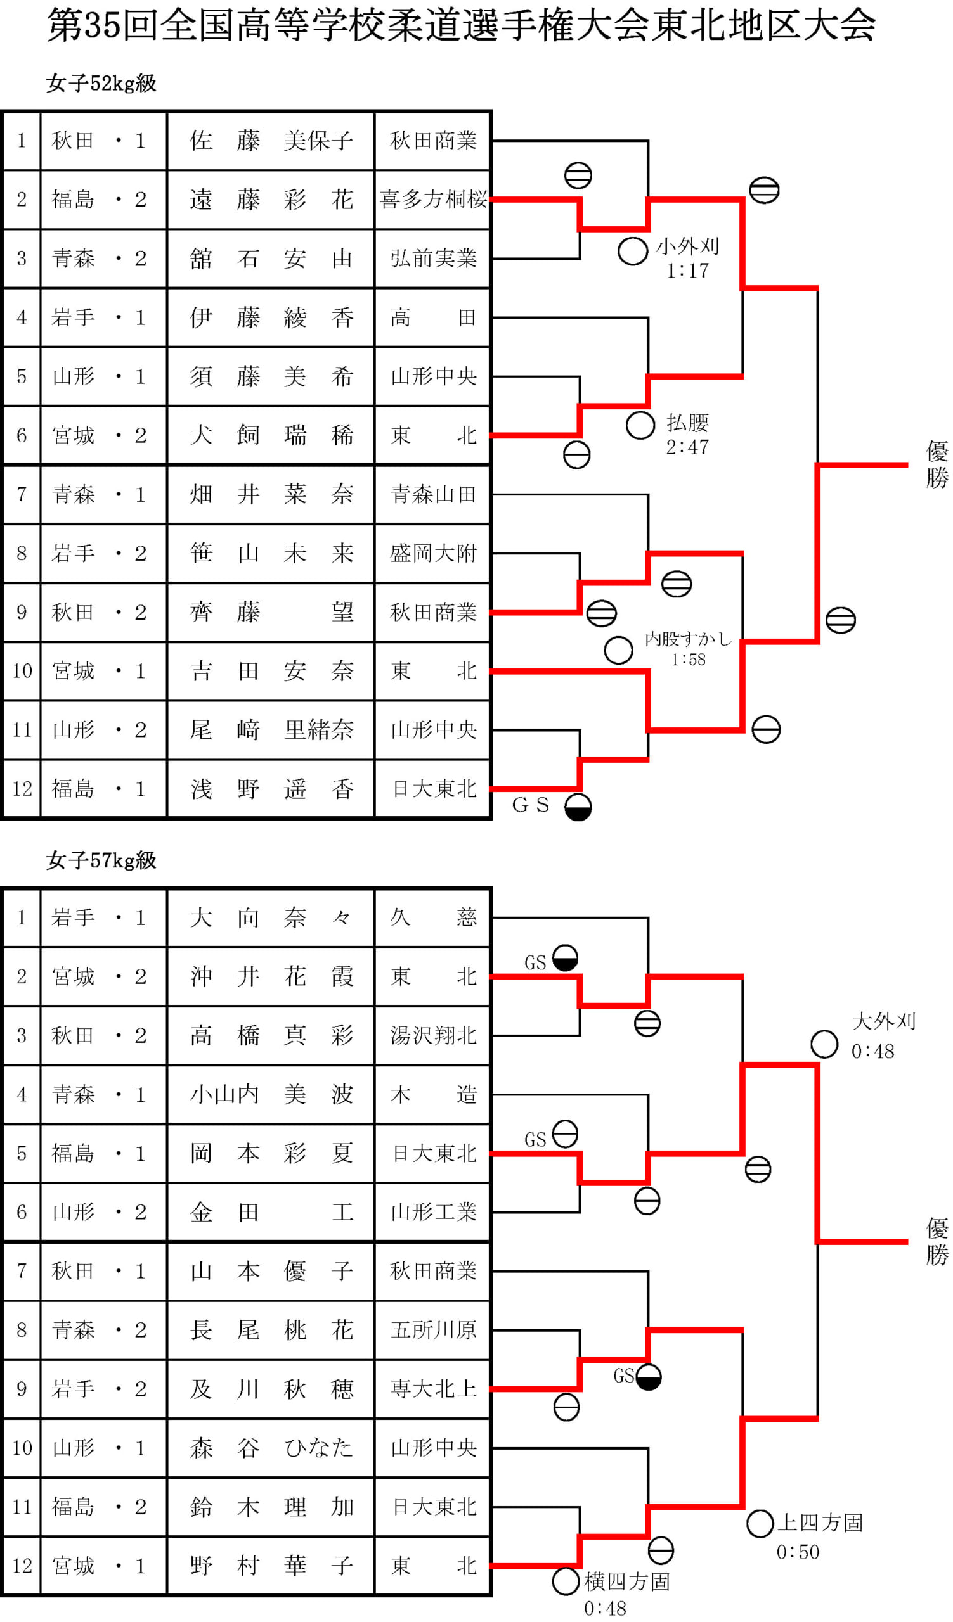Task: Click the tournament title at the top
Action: click(461, 26)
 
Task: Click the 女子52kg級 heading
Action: click(101, 84)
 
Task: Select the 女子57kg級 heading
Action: click(101, 860)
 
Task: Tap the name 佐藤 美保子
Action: click(271, 140)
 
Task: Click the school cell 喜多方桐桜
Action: click(433, 200)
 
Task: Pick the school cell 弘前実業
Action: click(433, 258)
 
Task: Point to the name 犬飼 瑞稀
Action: click(271, 435)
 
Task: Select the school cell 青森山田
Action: click(433, 494)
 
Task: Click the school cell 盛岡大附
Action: click(433, 553)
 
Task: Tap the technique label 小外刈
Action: click(688, 246)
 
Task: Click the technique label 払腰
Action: click(688, 422)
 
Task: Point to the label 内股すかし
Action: click(689, 639)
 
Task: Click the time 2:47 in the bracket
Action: click(688, 447)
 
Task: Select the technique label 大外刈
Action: click(883, 1021)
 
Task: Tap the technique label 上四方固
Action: click(820, 1523)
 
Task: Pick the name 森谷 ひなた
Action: click(271, 1448)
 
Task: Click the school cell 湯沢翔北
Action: click(433, 1035)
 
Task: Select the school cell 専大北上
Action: click(433, 1389)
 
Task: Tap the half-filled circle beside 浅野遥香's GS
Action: click(578, 807)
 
